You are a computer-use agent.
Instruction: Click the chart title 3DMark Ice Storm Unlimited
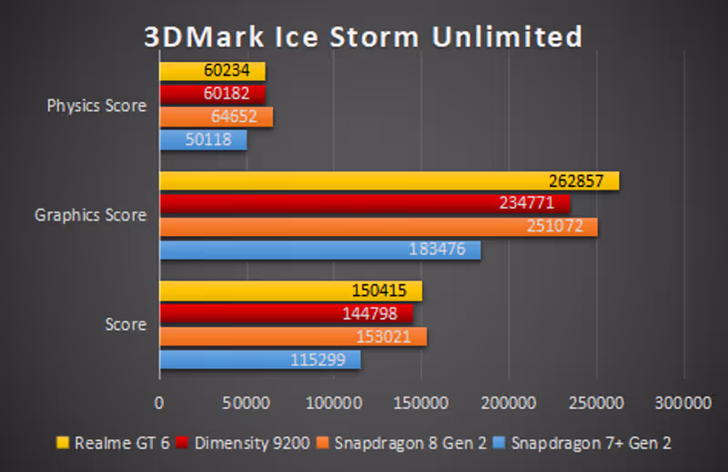coord(363,36)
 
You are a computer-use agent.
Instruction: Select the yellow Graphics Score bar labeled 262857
coord(389,181)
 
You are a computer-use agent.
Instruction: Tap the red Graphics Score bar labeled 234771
coord(364,203)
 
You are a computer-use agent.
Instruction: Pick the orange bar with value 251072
coord(378,227)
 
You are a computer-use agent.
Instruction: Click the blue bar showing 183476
coord(319,250)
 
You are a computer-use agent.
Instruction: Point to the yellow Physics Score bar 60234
coord(212,71)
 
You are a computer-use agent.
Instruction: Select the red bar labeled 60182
coord(212,94)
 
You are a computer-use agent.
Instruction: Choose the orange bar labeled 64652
coord(216,117)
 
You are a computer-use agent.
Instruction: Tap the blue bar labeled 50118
coord(203,139)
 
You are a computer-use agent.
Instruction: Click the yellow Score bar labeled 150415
coord(290,291)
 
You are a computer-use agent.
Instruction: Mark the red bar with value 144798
coord(286,313)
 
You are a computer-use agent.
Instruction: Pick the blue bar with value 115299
coord(259,360)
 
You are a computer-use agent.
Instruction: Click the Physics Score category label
coord(96,106)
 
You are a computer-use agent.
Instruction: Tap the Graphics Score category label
coord(90,216)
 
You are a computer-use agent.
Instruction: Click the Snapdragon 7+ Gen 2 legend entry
coord(582,444)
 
